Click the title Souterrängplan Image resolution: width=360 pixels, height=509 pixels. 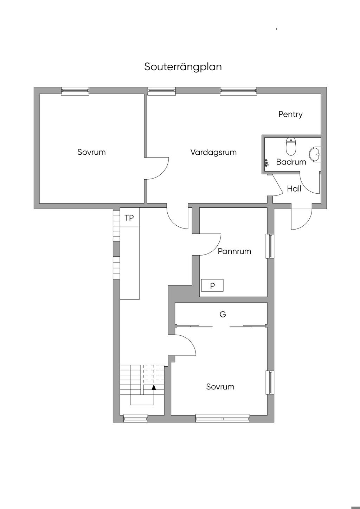(x=183, y=67)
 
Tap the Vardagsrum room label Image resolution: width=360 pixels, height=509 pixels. (x=213, y=152)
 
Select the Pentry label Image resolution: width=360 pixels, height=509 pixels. (x=290, y=114)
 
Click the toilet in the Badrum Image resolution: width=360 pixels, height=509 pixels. (x=291, y=147)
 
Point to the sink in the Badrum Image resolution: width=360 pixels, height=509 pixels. (x=315, y=154)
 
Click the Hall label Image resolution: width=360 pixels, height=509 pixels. (x=294, y=189)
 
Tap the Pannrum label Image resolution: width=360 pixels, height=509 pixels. (x=234, y=251)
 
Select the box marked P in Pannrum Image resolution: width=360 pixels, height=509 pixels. (x=212, y=285)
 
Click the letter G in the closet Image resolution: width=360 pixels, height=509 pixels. (x=223, y=314)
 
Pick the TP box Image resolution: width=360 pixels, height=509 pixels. (x=129, y=218)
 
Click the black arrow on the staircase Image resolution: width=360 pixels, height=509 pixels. (x=154, y=387)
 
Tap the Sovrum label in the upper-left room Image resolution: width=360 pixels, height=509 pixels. (x=91, y=152)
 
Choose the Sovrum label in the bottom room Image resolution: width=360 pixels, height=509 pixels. (x=220, y=387)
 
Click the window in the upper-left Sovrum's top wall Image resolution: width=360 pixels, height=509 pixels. (x=75, y=91)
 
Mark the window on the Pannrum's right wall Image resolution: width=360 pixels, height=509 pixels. (x=270, y=246)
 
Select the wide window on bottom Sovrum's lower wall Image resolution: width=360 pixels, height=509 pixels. (x=223, y=418)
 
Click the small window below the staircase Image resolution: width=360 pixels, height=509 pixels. (x=135, y=418)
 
